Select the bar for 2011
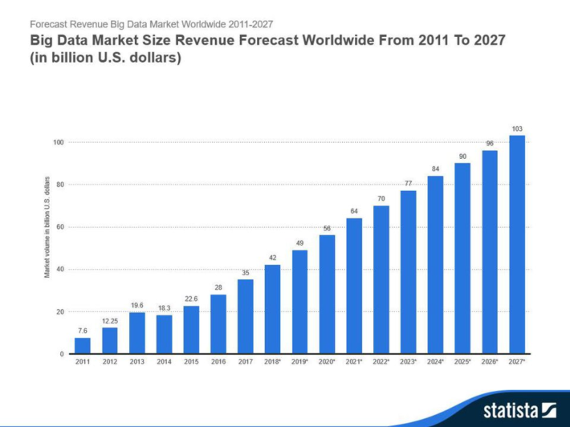(83, 346)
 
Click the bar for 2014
(165, 335)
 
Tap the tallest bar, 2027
(517, 245)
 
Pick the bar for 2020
(328, 295)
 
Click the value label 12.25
(110, 321)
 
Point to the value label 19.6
(137, 305)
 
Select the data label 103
(517, 129)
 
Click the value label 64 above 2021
(354, 211)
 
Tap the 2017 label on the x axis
(246, 362)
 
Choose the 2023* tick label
(409, 362)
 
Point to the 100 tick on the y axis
(59, 142)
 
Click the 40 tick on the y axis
(60, 269)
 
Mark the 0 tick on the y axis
(62, 354)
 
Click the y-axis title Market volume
(47, 227)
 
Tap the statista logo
(519, 410)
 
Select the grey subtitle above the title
(151, 24)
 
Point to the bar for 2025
(462, 258)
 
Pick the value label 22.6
(191, 299)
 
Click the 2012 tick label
(110, 362)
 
